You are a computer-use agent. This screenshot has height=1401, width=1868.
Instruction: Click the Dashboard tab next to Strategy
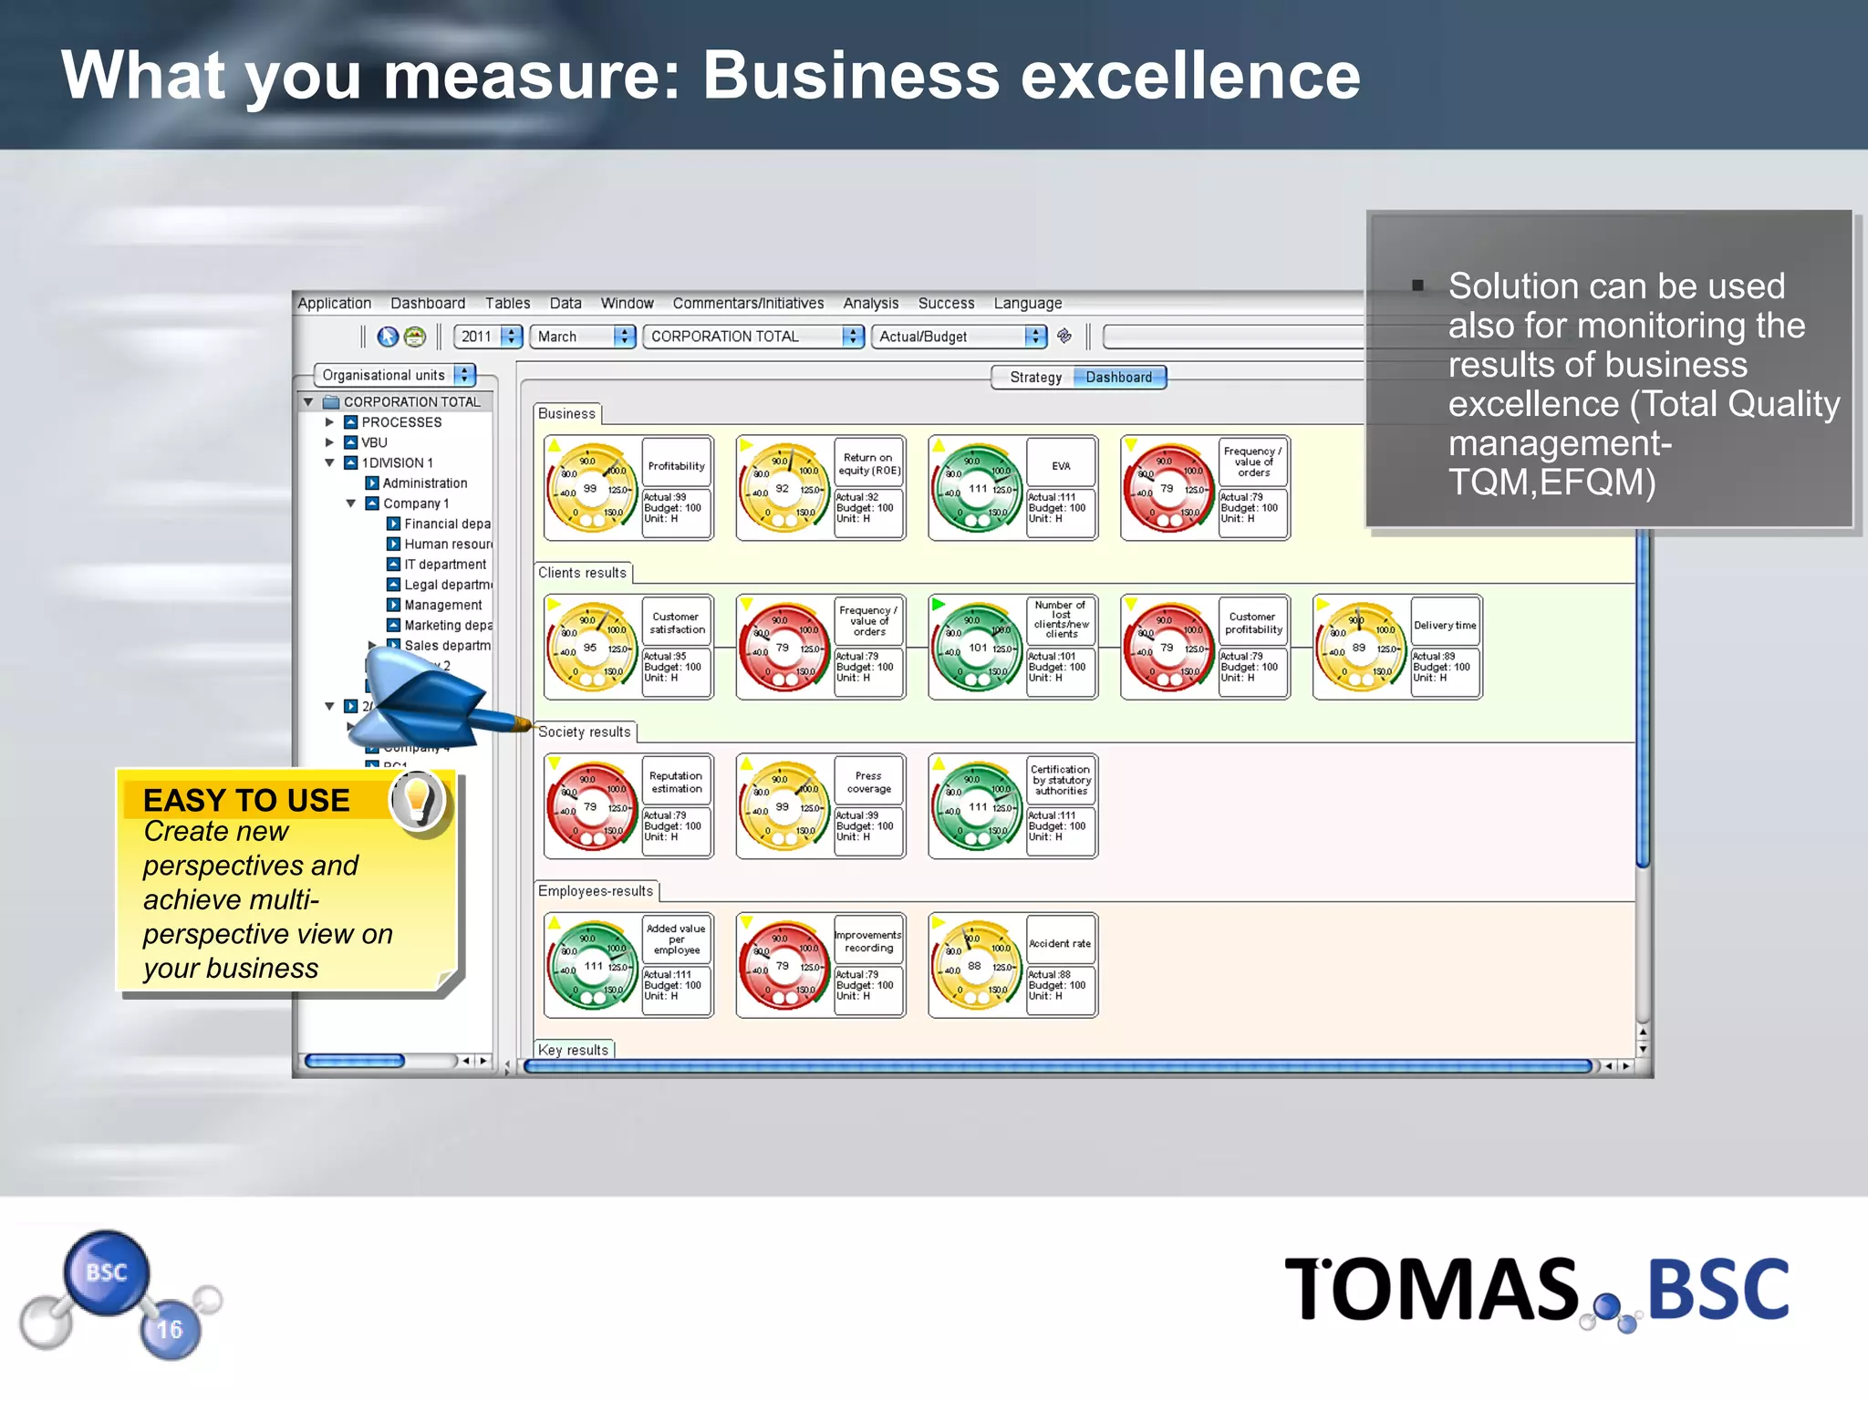(1119, 378)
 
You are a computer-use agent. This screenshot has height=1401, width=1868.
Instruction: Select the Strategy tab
(1035, 378)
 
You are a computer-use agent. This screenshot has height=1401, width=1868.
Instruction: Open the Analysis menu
(870, 304)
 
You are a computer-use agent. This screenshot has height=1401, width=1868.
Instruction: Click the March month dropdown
(582, 337)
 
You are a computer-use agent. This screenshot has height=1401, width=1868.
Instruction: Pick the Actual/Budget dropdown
(959, 337)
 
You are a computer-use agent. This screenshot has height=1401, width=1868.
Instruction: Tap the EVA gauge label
(1061, 466)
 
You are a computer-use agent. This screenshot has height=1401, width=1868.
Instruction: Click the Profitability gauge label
(676, 466)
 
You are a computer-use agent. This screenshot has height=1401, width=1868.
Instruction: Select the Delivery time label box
(1445, 626)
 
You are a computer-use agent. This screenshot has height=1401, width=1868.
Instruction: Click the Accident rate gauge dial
(977, 966)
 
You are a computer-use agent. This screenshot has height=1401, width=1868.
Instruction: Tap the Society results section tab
(585, 732)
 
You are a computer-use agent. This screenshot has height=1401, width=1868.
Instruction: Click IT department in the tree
(445, 565)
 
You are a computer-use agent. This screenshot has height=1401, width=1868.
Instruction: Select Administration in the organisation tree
(424, 483)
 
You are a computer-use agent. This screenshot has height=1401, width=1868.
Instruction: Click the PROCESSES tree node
(401, 422)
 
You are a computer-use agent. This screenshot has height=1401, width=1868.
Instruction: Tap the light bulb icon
(418, 799)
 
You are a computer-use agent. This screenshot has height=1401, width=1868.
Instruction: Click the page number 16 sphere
(170, 1330)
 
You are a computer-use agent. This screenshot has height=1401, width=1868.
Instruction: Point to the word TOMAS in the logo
(1431, 1290)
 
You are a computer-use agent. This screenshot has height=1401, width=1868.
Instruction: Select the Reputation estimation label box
(676, 783)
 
